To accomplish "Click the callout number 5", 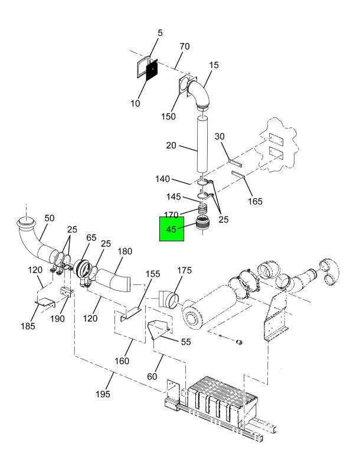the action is pos(160,33).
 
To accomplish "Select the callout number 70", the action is pos(185,47).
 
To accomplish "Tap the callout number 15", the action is pos(214,65).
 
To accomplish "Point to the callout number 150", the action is pos(168,116).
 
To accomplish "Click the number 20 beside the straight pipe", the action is pos(171,146).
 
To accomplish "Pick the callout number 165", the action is pos(255,201).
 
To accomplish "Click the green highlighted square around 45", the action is pos(172,229).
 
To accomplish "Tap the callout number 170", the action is pos(171,215).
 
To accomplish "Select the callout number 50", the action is pos(49,218).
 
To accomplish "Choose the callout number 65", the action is pos(91,238).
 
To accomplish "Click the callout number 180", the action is pos(125,251).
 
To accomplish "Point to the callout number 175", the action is pos(184,270).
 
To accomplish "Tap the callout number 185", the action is pos(28,326).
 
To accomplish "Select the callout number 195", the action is pos(103,394).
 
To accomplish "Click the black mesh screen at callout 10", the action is pos(152,70).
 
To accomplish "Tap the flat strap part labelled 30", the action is pos(235,163).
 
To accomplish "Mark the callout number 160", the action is pos(122,361).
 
